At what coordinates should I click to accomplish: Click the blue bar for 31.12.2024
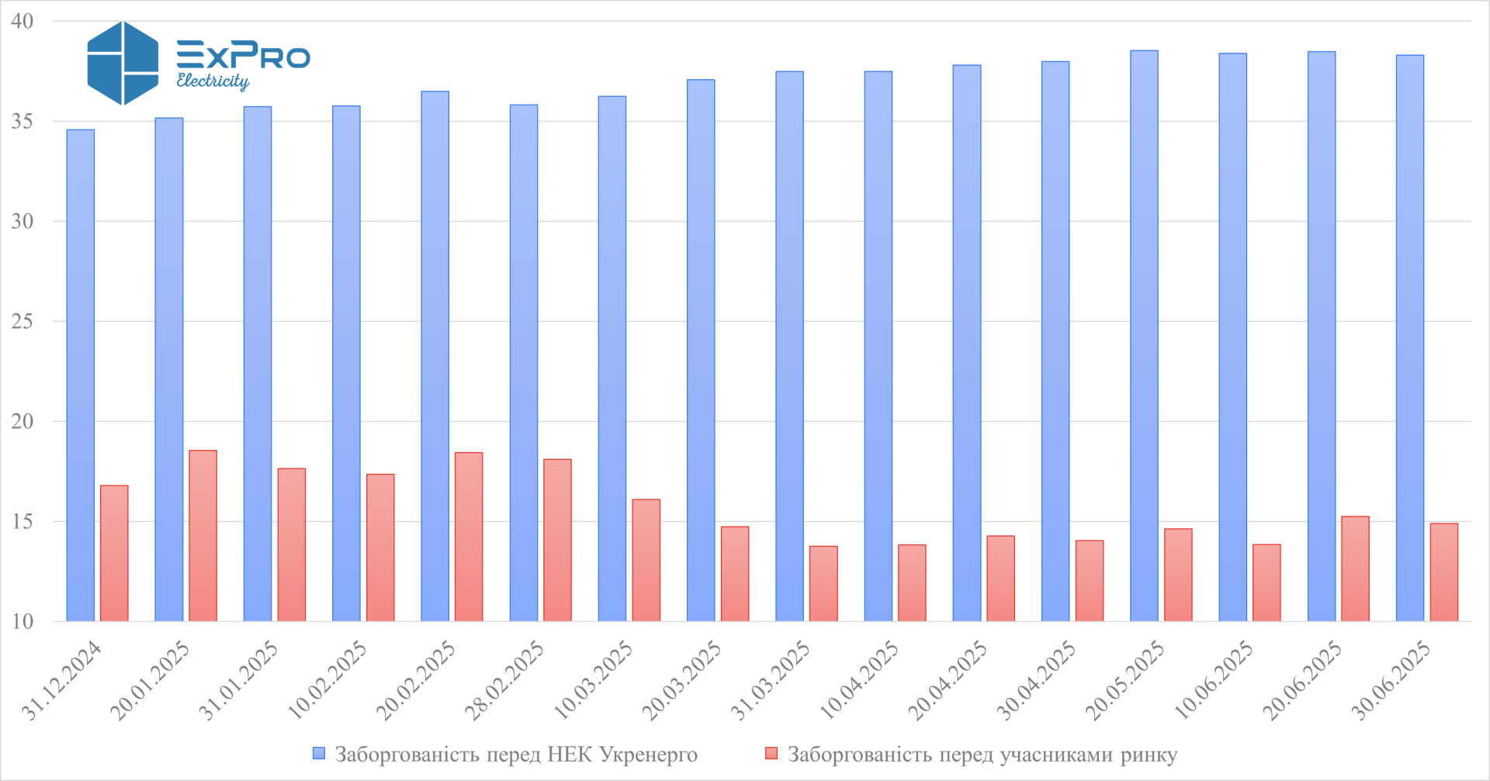(x=81, y=375)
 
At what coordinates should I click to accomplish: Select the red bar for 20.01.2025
(x=203, y=536)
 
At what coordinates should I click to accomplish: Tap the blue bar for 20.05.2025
(x=1144, y=336)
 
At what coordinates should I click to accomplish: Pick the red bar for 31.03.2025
(x=823, y=584)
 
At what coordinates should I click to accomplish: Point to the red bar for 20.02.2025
(x=469, y=537)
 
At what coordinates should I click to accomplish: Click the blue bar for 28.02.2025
(x=524, y=363)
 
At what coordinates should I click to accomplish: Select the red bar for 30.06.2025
(x=1443, y=572)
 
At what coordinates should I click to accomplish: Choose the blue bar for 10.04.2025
(x=878, y=347)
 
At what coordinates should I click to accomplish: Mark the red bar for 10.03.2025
(x=646, y=560)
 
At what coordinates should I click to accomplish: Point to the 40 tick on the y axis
(x=23, y=21)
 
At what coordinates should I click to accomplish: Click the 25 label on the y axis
(x=23, y=321)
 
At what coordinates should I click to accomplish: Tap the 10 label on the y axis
(x=23, y=621)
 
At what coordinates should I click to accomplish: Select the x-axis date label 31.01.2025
(x=238, y=681)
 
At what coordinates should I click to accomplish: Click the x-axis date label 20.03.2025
(x=681, y=681)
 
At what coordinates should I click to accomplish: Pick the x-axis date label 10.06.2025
(x=1213, y=681)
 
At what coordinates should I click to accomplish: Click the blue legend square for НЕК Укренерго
(x=319, y=754)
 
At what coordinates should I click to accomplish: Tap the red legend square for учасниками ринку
(x=771, y=754)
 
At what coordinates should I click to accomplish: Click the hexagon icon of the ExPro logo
(x=123, y=63)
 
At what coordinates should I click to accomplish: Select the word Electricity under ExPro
(x=213, y=81)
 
